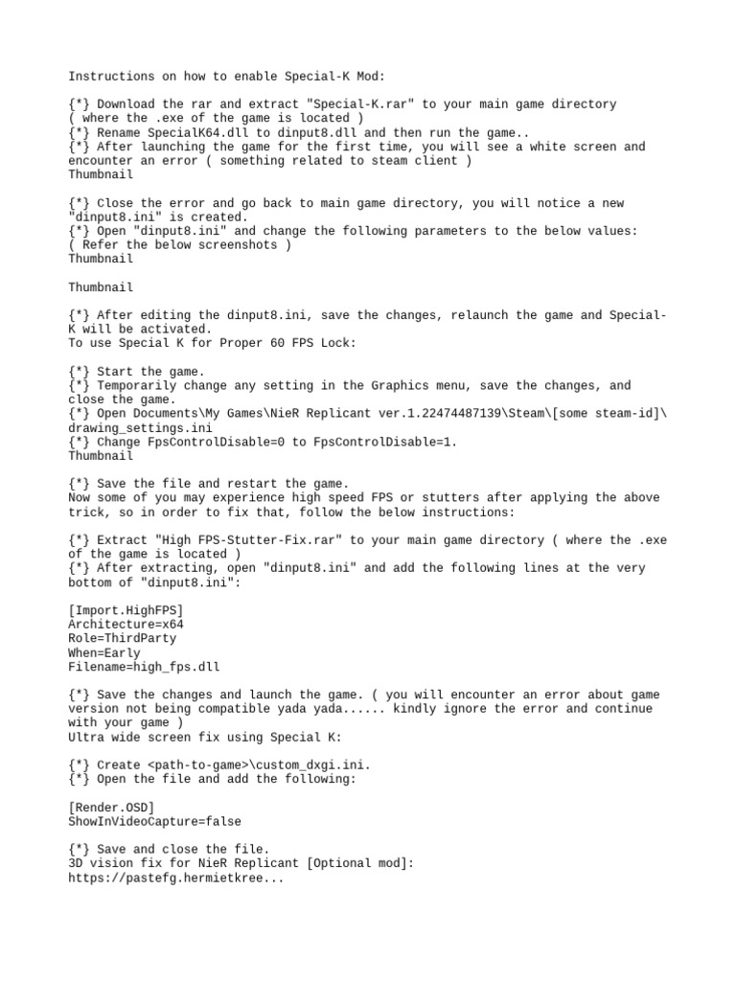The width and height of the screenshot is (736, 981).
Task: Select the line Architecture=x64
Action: (125, 625)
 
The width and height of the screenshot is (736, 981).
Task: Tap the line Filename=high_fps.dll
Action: (144, 667)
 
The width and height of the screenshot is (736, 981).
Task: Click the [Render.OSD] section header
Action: (110, 808)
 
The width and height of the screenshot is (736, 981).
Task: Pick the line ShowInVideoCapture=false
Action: (154, 821)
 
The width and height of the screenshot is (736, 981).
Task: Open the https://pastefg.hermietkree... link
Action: (175, 878)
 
